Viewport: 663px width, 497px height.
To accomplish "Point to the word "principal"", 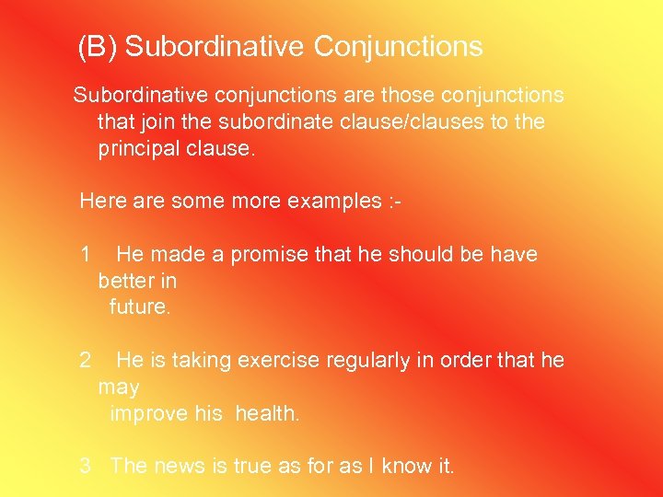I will point(142,148).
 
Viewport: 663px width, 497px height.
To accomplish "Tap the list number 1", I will point(86,254).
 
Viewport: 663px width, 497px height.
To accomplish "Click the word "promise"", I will point(270,254).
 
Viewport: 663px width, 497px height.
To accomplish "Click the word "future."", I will point(140,306).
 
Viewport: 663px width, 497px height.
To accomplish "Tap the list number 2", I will point(86,360).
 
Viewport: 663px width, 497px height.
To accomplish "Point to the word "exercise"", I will point(280,360).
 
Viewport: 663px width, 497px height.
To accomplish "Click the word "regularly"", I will point(368,360).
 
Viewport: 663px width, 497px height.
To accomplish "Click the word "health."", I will point(267,413).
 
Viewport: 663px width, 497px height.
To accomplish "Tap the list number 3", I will point(86,466).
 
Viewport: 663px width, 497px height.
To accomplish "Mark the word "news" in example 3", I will point(180,466).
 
